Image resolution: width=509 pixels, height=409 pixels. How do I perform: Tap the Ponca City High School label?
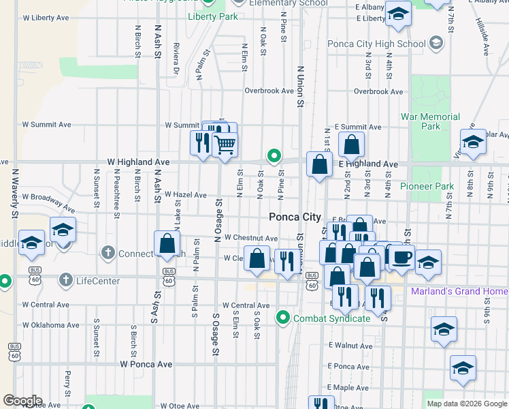[x=376, y=44]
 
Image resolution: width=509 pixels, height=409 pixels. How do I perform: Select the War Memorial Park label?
[x=430, y=121]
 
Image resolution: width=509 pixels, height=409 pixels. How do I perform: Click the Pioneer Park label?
[x=426, y=186]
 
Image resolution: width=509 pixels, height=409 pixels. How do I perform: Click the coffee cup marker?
[x=401, y=257]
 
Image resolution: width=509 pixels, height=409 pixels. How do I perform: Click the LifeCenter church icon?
[x=65, y=280]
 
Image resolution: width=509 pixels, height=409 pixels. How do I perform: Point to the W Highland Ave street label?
[x=138, y=162]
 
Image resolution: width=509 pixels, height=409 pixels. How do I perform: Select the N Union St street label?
[x=300, y=86]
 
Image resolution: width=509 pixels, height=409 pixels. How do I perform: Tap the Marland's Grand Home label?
[x=459, y=292]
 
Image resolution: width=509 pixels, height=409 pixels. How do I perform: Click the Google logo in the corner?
[x=22, y=401]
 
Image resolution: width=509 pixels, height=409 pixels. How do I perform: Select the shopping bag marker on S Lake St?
[x=167, y=243]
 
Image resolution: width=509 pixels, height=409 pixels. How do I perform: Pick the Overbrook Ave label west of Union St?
[x=263, y=91]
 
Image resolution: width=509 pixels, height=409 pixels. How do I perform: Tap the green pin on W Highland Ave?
[x=274, y=156]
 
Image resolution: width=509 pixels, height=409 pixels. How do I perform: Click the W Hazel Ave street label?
[x=185, y=195]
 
